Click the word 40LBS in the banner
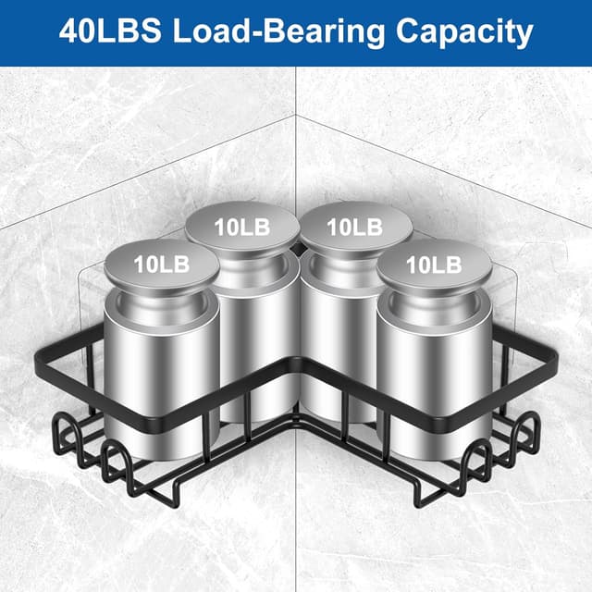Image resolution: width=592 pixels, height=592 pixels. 110,31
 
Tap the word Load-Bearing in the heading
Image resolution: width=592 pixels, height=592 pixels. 279,33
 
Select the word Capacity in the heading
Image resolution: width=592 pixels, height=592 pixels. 464,33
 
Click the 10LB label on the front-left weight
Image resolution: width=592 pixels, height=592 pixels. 162,265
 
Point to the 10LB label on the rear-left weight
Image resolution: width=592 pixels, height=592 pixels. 242,228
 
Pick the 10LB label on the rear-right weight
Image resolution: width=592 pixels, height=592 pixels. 354,228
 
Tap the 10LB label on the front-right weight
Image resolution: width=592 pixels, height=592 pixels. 434,265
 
